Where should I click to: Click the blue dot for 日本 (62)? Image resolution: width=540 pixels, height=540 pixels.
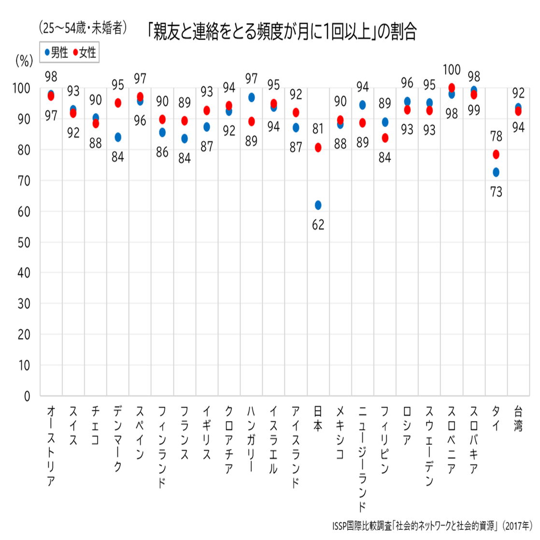coord(318,205)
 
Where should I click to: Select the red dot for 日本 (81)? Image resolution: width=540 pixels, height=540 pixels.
coord(318,148)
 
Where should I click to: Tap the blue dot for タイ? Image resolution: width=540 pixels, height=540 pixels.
coord(496,172)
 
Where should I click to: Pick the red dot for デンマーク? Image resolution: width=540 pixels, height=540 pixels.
coord(118,103)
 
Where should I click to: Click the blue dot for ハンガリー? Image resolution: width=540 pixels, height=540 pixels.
coord(251,98)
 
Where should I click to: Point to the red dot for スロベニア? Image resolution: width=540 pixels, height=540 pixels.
coord(452,88)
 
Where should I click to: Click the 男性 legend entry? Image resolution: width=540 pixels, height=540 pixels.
coord(57,53)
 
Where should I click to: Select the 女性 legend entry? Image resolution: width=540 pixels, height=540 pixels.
coord(85,53)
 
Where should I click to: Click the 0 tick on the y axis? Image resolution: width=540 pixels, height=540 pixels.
coord(27,397)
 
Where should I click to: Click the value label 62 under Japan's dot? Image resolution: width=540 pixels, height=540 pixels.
coord(318,225)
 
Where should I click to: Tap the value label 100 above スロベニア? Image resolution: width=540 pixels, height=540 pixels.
coord(452,70)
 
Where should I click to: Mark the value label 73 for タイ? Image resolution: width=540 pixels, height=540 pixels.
coord(496,192)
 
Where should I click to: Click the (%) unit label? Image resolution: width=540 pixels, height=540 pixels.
coord(24,60)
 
